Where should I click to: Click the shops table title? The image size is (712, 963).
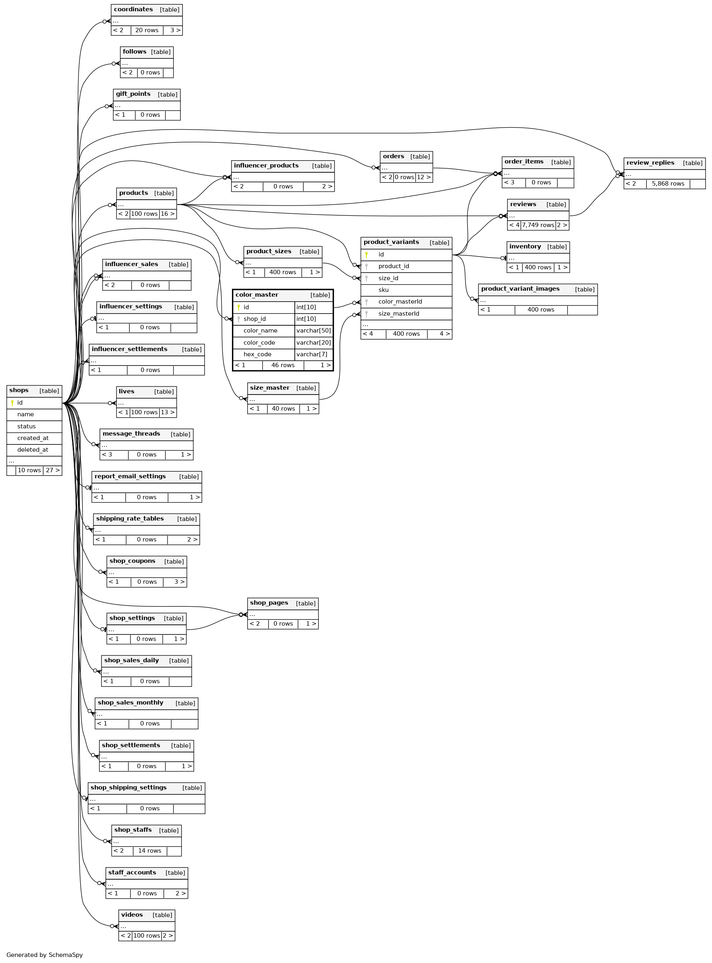19,391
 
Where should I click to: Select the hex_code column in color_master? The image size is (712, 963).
257,354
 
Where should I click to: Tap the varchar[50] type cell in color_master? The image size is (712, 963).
313,331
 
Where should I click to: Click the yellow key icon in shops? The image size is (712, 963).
12,403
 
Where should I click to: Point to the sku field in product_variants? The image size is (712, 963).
383,290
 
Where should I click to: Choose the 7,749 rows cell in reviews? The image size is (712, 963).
538,225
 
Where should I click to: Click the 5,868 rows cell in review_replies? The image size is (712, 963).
668,184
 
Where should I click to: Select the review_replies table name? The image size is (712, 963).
650,163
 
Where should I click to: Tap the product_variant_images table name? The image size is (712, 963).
520,289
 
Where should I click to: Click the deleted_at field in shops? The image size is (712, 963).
33,450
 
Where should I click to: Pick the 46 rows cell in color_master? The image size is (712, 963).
283,365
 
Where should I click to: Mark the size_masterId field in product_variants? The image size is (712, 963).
398,314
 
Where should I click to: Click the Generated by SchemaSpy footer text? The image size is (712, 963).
44,955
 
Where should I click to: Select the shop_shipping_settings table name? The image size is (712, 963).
128,787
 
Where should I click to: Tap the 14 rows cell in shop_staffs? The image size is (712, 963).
149,851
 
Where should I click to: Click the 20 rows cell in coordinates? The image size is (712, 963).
147,30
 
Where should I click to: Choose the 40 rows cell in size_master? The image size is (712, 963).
283,409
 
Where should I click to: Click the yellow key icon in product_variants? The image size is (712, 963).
366,255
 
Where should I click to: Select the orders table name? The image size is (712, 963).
393,156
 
